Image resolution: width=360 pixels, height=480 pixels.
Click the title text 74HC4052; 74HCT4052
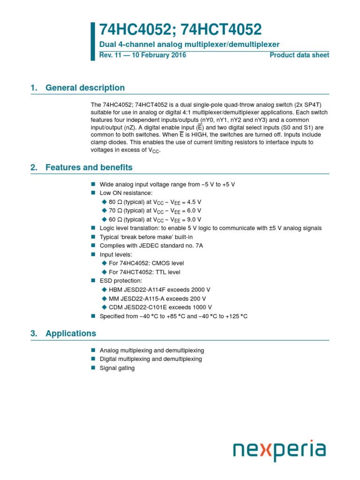tap(180, 30)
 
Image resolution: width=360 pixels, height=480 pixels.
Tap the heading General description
tap(85, 88)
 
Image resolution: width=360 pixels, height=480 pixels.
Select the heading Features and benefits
tap(89, 167)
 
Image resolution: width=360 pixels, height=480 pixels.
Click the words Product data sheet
tap(299, 55)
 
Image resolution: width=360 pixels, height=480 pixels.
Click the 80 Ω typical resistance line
tap(155, 202)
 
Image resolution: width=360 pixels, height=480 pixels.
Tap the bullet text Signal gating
tap(117, 368)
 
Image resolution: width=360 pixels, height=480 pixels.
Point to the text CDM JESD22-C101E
tap(136, 307)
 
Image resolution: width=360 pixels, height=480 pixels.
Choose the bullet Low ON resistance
tap(126, 193)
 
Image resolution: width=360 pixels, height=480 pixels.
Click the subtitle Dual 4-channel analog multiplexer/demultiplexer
tap(189, 45)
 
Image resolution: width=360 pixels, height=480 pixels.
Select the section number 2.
tap(33, 167)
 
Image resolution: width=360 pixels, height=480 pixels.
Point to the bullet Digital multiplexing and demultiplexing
tap(150, 359)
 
